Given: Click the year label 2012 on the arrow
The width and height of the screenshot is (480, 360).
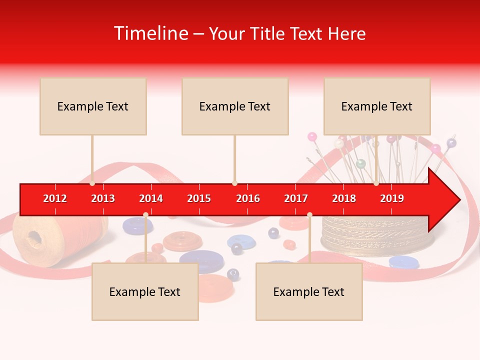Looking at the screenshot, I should click(x=55, y=198).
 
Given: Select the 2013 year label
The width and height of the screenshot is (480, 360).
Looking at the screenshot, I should click(x=103, y=198).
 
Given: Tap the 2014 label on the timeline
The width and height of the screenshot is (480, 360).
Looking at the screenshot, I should click(x=151, y=198).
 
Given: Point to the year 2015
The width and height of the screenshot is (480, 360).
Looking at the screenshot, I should click(x=199, y=198).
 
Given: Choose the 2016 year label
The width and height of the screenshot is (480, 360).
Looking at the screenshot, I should click(x=248, y=198).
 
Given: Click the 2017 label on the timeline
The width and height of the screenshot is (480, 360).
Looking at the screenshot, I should click(x=296, y=198).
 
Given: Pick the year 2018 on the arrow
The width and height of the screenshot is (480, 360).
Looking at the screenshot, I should click(x=344, y=198).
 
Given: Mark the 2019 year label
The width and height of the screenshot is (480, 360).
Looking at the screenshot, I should click(x=392, y=198).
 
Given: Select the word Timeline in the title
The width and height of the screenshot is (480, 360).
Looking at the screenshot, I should click(x=150, y=33).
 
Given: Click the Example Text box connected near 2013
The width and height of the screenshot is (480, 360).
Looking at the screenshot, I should click(x=93, y=106).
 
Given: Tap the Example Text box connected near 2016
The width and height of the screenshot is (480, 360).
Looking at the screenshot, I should click(x=235, y=106).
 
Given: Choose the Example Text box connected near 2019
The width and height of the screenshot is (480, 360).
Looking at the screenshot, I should click(x=377, y=106).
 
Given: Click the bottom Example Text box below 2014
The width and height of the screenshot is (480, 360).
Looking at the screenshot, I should click(x=145, y=291).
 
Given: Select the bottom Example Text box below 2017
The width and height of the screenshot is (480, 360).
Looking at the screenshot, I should click(x=309, y=291).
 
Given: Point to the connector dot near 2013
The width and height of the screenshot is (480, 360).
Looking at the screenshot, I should click(x=92, y=183).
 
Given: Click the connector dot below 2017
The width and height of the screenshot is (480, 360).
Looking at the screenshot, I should click(x=309, y=215).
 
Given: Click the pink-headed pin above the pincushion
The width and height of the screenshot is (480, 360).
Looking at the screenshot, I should click(x=312, y=136).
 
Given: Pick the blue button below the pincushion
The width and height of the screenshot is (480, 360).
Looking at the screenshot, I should click(x=403, y=261).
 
